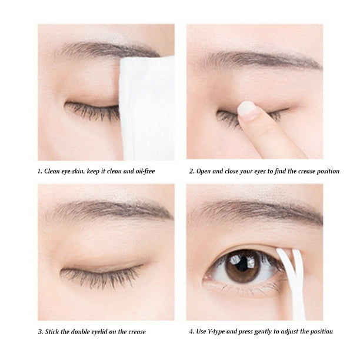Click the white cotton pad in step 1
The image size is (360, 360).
pyautogui.click(x=146, y=109)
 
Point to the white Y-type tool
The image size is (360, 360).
pyautogui.click(x=294, y=282)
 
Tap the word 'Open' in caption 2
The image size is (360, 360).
pyautogui.click(x=205, y=171)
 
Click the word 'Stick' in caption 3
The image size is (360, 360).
pyautogui.click(x=55, y=331)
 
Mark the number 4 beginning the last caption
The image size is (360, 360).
pyautogui.click(x=191, y=331)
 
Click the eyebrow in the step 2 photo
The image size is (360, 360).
pyautogui.click(x=259, y=59)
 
